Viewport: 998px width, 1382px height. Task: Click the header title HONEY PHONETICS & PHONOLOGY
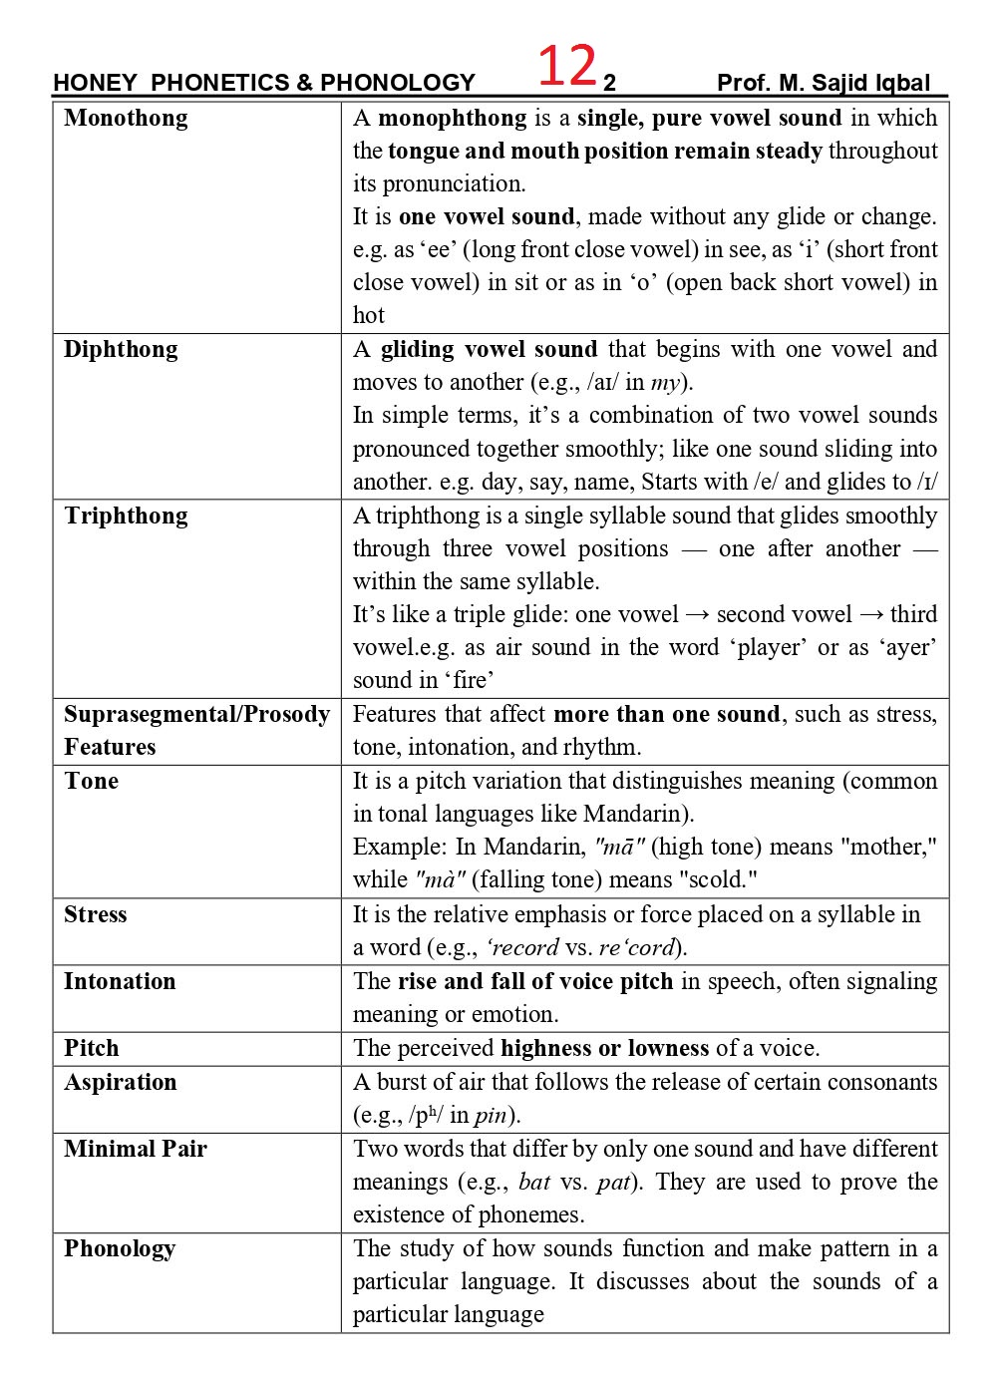(264, 83)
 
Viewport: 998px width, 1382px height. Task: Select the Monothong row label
(126, 119)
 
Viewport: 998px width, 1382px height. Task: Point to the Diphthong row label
(121, 350)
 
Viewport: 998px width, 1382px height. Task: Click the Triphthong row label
(126, 517)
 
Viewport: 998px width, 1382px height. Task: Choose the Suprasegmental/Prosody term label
(196, 715)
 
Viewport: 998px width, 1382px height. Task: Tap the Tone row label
(91, 782)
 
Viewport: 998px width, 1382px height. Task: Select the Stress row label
(96, 915)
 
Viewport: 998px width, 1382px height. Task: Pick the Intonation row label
(120, 982)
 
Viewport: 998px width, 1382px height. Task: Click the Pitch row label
(91, 1049)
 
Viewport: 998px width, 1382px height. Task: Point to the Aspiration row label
(121, 1083)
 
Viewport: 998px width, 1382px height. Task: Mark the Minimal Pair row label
(136, 1150)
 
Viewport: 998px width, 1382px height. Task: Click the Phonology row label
(120, 1249)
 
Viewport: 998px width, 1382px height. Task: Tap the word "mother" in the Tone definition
(884, 848)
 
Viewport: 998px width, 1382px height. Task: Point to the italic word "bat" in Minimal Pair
(535, 1183)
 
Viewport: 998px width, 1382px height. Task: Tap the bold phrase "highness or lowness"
(605, 1049)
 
